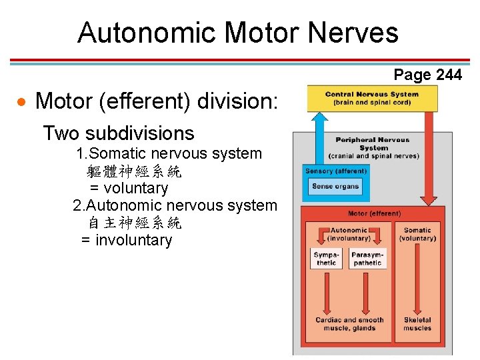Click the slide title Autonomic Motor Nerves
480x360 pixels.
pos(237,32)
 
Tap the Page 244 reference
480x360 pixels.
pos(427,75)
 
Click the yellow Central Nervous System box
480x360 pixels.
pos(372,99)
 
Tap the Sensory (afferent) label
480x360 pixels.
pos(336,171)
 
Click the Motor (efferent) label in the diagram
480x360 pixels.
pos(375,213)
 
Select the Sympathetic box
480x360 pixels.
pos(327,259)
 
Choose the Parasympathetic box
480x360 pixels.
pos(367,259)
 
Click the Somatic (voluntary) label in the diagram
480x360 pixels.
pos(417,234)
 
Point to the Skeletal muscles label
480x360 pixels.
pos(417,324)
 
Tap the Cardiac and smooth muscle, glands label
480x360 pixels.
pos(350,324)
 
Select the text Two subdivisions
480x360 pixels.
pos(119,133)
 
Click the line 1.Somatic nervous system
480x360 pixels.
pos(169,153)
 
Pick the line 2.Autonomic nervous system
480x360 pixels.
pos(175,205)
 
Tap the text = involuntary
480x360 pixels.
pos(127,240)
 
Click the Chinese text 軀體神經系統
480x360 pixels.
pos(135,171)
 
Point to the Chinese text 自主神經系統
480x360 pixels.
pos(135,223)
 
